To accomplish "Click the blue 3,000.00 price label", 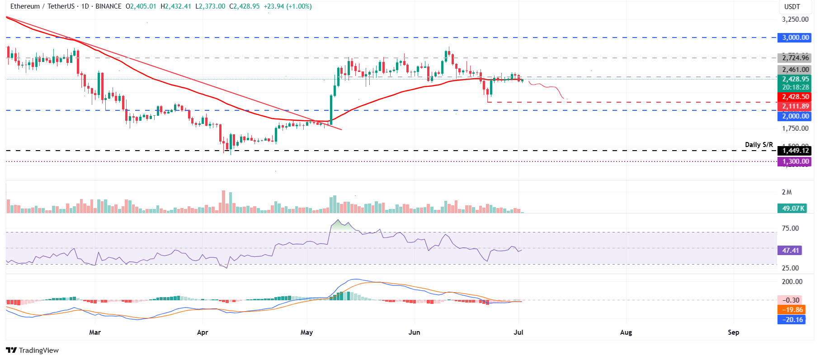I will click(x=795, y=38).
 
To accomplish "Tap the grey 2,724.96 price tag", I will click(x=795, y=57).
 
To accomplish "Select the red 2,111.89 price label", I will click(x=795, y=106).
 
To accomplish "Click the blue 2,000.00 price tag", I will click(x=795, y=116).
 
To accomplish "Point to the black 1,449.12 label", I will click(x=795, y=151).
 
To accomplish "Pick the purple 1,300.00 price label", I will click(x=795, y=161).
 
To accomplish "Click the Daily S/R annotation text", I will click(x=759, y=145).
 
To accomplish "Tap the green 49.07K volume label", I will click(x=793, y=208).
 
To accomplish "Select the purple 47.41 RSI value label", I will click(x=791, y=251).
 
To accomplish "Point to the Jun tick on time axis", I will click(x=414, y=332).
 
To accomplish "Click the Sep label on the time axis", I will click(x=733, y=332).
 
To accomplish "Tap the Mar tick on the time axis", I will click(x=95, y=332).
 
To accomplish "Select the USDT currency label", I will click(x=792, y=7).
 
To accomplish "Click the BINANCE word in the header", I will click(x=108, y=6).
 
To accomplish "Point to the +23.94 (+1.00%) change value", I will click(x=287, y=6).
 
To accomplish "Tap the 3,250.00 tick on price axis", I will click(x=795, y=19).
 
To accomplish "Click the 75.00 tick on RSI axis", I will click(x=790, y=228).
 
